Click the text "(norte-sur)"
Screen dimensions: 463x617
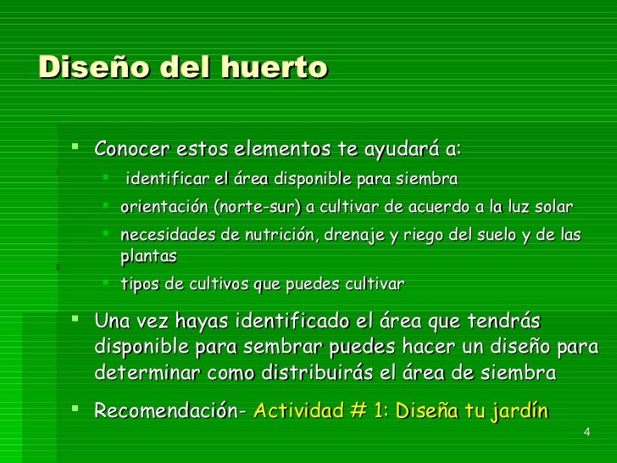(258, 208)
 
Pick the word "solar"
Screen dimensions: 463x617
(553, 208)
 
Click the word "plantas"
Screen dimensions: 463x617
(149, 255)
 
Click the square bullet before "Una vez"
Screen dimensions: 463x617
(76, 320)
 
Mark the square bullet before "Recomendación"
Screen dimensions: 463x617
(76, 410)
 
